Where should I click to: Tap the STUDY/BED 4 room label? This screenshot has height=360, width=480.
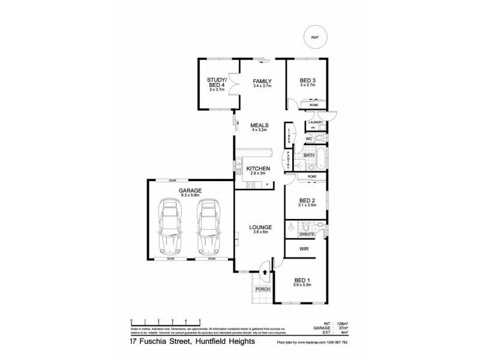point(215,83)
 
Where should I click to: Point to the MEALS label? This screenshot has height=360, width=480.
point(259,125)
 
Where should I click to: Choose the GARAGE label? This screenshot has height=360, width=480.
point(188,190)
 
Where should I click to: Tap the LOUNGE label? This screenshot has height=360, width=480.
point(262,227)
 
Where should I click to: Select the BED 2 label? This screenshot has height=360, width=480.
point(307,201)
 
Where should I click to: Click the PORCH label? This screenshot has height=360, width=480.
point(263,289)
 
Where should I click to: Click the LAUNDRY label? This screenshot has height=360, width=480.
point(315,123)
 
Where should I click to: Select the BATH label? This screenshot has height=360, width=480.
point(309,155)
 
